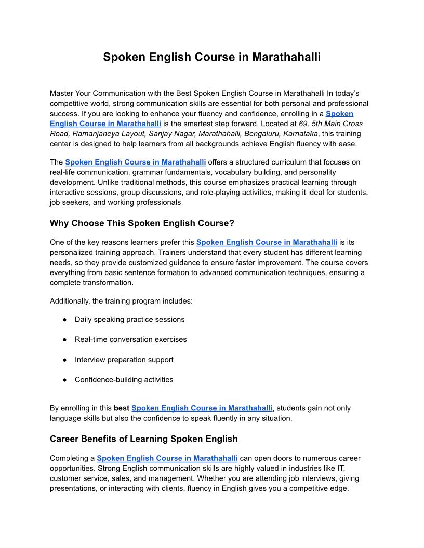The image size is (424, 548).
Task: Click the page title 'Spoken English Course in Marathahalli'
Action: tap(211, 57)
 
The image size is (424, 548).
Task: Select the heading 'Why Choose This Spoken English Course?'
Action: tap(142, 223)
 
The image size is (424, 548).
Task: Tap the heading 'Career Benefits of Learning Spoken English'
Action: tap(143, 439)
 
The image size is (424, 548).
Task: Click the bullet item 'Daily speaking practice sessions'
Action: tap(129, 319)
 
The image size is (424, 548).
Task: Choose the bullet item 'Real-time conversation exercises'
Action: tap(130, 339)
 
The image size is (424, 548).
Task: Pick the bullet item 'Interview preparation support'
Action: tap(124, 360)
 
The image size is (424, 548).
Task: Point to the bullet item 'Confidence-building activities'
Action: tap(124, 380)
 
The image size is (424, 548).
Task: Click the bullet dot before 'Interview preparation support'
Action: tap(64, 360)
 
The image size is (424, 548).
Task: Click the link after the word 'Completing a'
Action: tap(167, 458)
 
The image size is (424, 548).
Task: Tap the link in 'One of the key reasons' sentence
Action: tap(267, 242)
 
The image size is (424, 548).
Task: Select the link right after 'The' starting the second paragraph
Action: tap(135, 162)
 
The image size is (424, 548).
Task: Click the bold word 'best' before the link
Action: tap(122, 408)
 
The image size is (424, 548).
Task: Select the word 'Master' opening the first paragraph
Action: tap(62, 93)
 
